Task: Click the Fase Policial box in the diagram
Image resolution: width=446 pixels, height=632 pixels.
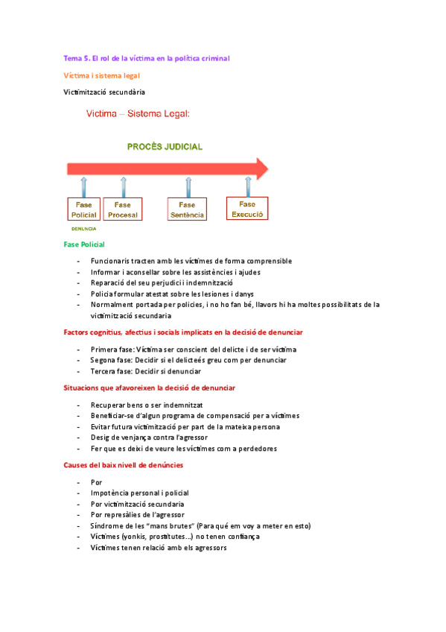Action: point(83,209)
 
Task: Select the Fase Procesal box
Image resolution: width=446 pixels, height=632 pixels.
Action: point(123,209)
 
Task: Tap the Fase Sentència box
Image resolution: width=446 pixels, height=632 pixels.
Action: point(187,209)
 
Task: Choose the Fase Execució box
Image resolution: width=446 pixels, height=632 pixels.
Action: point(247,208)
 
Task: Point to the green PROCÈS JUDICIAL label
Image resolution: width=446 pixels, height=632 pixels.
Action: point(165,147)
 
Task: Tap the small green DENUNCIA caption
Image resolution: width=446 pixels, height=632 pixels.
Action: point(83,229)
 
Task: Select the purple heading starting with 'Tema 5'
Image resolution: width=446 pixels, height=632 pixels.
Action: point(147,57)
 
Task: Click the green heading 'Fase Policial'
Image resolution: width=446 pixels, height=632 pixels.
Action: point(84,244)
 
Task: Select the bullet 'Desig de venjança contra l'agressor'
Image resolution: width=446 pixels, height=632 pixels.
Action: point(149,437)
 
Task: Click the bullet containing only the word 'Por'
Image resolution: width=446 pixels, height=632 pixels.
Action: point(96,482)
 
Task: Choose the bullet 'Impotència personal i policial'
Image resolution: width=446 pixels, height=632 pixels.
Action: point(139,493)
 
